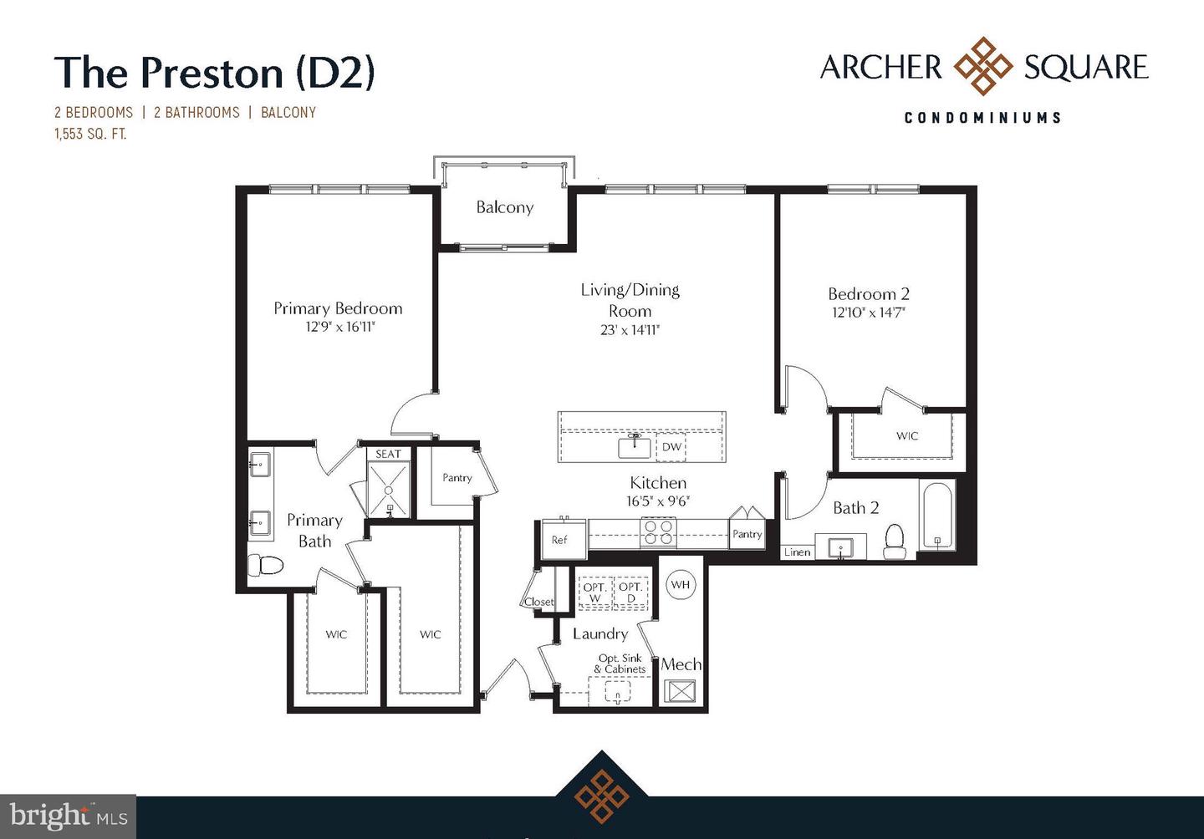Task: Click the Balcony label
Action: [504, 207]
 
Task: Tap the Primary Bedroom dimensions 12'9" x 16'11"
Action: [339, 327]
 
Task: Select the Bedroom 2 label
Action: [869, 294]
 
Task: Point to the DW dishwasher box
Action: [671, 447]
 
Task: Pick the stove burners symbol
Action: [658, 532]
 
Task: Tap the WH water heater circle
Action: [681, 585]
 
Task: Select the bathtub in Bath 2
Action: [937, 516]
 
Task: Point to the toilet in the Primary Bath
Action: [266, 565]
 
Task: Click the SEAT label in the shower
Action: [388, 454]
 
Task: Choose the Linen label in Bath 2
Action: [797, 552]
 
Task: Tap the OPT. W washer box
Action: [594, 592]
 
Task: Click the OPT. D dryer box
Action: [630, 592]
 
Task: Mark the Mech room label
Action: [681, 664]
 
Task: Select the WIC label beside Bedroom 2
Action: [907, 435]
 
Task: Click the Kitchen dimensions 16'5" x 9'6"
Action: [658, 501]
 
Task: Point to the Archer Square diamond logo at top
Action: [983, 67]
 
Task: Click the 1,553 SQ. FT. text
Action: [90, 134]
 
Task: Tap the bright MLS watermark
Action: [69, 816]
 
